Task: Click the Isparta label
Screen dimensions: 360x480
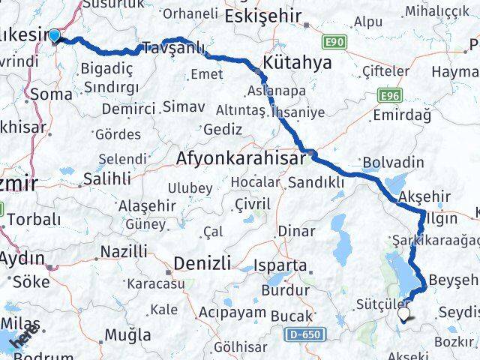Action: tap(280, 265)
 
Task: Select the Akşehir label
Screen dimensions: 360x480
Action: tap(425, 196)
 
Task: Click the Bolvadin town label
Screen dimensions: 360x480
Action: tap(392, 163)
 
